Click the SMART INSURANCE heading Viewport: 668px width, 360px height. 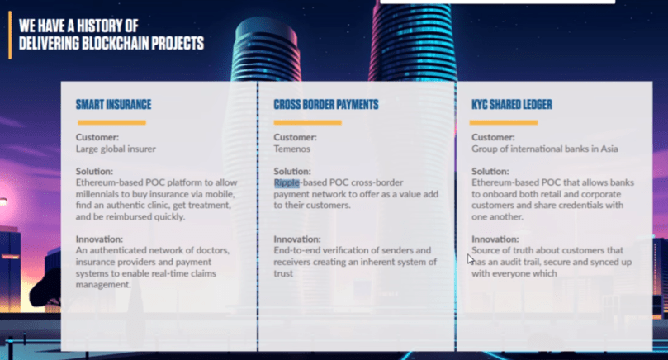[x=113, y=104]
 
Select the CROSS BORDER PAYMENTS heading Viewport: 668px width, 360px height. [x=326, y=104]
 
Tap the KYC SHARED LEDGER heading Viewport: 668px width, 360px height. [x=512, y=104]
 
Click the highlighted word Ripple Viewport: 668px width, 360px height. [x=287, y=182]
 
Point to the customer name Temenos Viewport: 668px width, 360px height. [x=291, y=149]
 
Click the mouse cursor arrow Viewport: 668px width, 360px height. [x=470, y=259]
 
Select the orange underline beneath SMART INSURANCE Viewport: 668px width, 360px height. [x=111, y=123]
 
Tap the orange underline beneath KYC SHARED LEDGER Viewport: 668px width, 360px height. [x=504, y=123]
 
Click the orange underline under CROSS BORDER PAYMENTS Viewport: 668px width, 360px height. [x=308, y=123]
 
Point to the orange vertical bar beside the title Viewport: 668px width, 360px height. [x=10, y=35]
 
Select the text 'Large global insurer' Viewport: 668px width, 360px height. [x=116, y=149]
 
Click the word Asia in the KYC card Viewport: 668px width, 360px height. [x=609, y=149]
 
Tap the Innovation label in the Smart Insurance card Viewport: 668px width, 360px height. [x=99, y=239]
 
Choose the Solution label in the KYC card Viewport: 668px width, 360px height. [x=490, y=171]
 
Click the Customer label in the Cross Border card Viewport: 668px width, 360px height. [x=295, y=137]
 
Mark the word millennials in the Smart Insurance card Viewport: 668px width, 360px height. [x=97, y=194]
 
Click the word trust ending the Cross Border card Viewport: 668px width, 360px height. [x=283, y=273]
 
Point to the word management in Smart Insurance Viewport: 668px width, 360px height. [x=103, y=285]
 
